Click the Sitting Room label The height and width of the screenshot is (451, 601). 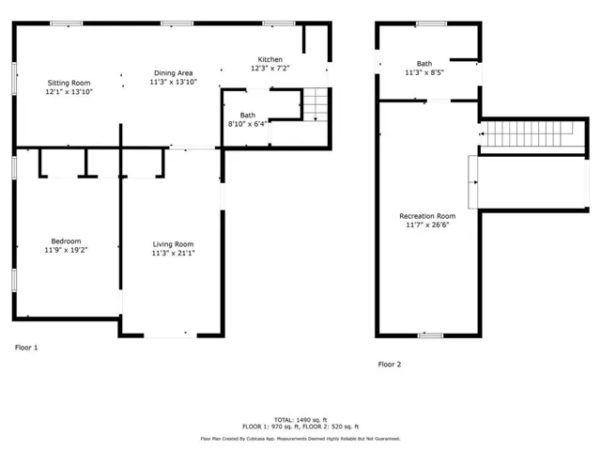pos(69,83)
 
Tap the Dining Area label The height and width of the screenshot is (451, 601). pos(173,73)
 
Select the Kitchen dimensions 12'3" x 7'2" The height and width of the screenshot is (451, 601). pos(270,69)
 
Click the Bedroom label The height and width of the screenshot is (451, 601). pos(66,241)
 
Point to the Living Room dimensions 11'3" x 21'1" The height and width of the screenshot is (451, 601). pos(173,253)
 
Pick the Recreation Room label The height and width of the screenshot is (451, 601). pos(427,216)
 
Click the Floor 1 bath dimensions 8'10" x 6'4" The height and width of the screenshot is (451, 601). pos(247,124)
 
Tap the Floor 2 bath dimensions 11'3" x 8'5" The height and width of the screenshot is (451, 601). pos(424,72)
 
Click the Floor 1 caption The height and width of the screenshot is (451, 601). pos(26,348)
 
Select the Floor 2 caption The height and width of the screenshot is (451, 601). pos(390,365)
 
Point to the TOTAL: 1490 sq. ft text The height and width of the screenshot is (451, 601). pos(300,420)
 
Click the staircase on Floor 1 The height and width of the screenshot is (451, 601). pos(316,104)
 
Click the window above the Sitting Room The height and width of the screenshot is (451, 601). pos(67,23)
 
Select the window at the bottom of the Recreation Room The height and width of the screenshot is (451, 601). pos(430,335)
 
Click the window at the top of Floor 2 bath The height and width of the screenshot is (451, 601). pos(431,23)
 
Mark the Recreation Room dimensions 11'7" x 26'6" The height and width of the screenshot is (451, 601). pos(427,225)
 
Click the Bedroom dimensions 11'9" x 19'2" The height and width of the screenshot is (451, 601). pos(66,250)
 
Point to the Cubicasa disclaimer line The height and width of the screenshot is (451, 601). pos(300,439)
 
